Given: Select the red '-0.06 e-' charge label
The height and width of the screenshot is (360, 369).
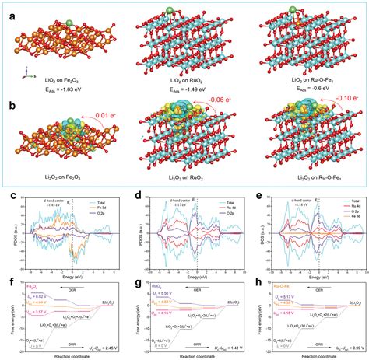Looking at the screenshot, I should point(221,101).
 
